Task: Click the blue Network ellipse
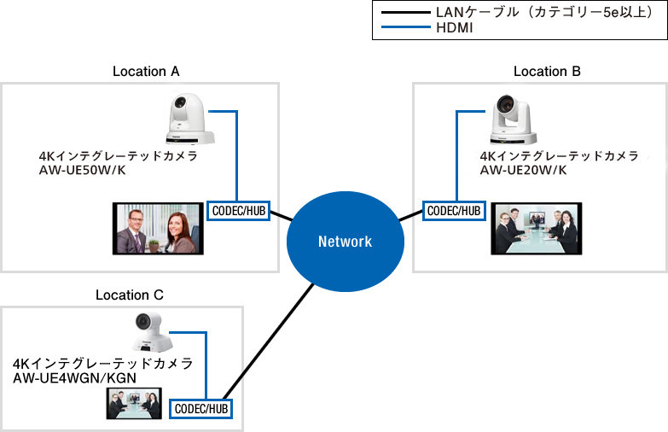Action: click(x=345, y=241)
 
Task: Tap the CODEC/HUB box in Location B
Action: click(x=454, y=211)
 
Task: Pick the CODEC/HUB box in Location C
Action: click(x=201, y=409)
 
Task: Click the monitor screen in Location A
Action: click(x=160, y=229)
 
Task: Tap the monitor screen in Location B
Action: click(x=536, y=229)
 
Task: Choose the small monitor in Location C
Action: click(x=134, y=403)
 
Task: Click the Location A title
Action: click(x=146, y=72)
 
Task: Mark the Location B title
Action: click(x=547, y=72)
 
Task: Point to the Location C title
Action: click(x=129, y=295)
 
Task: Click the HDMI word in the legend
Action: click(x=454, y=28)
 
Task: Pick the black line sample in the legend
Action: click(x=404, y=13)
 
